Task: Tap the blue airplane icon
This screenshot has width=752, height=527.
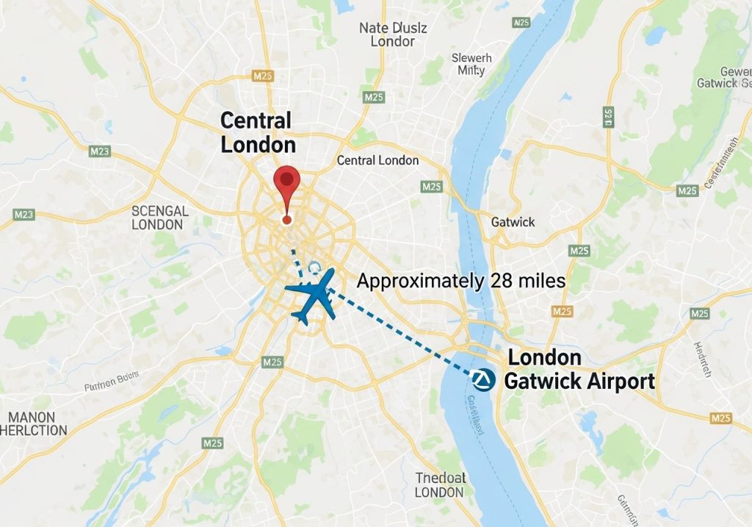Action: [312, 294]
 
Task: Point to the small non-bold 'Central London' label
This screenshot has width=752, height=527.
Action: [377, 160]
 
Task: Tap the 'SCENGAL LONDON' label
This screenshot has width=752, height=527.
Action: [160, 218]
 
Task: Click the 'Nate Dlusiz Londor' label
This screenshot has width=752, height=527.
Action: [392, 35]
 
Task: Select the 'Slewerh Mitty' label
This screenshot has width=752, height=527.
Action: [471, 64]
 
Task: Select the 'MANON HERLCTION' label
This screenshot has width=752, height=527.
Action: [37, 423]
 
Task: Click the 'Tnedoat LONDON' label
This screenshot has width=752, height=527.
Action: [441, 485]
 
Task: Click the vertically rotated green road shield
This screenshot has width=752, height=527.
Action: [608, 116]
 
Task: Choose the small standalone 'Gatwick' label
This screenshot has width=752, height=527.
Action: [513, 221]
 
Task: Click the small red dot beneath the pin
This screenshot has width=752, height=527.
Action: [286, 219]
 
